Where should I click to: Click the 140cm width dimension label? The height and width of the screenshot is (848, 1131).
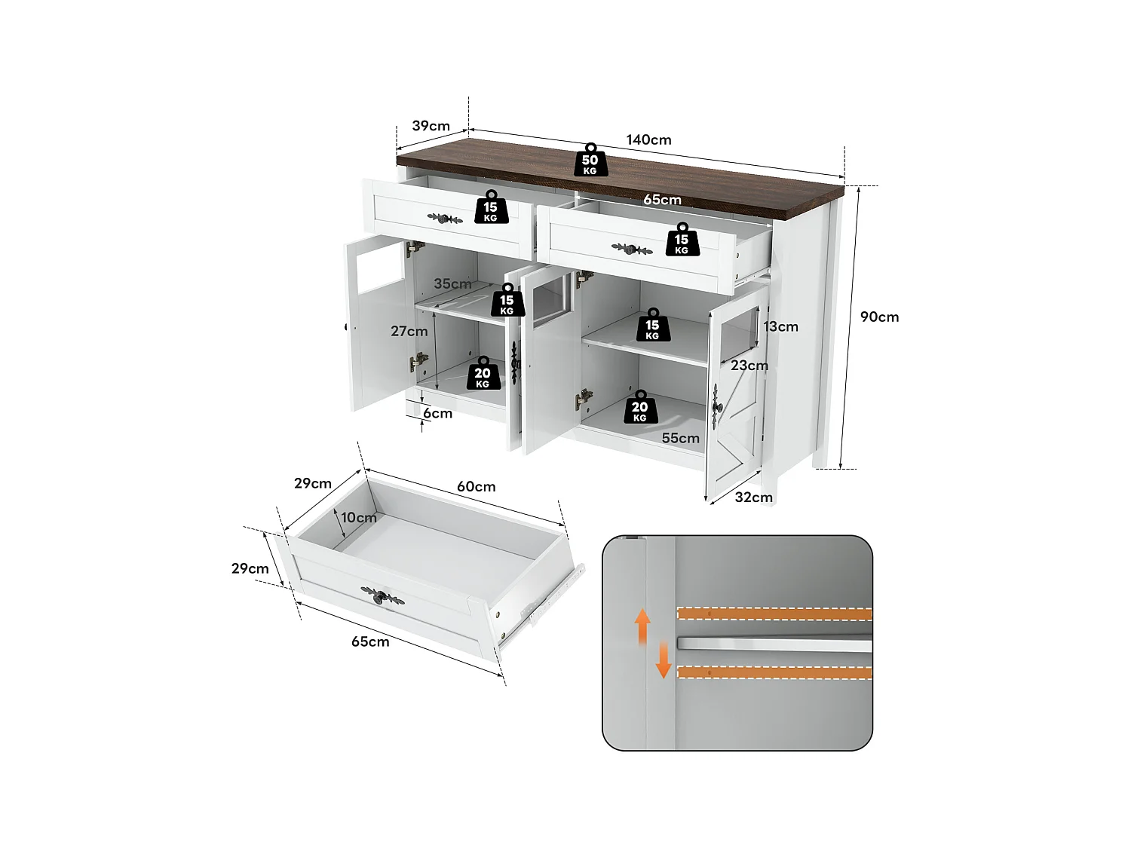coord(648,140)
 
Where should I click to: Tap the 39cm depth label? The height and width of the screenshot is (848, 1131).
coord(431,126)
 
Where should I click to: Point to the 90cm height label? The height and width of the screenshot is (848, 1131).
coord(879,317)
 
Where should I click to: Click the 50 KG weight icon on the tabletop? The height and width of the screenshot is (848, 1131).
coord(590,161)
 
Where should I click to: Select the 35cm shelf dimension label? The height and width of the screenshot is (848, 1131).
coord(452,284)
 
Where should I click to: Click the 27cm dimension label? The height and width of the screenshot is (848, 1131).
coord(409,332)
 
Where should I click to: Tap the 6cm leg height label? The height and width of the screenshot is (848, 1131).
coord(437,414)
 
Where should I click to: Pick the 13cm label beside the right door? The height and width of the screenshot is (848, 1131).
coord(780,327)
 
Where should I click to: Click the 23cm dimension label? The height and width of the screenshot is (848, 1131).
coord(749,366)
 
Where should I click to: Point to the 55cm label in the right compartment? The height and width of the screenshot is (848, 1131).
coord(680,439)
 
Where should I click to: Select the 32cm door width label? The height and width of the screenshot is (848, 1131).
coord(753,497)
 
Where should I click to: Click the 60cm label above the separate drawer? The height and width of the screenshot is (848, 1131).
coord(476,487)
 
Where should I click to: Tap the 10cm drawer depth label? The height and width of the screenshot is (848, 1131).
coord(358,518)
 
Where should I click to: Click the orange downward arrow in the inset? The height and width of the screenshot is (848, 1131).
coord(664,660)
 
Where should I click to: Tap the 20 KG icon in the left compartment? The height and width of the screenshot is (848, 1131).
coord(483,375)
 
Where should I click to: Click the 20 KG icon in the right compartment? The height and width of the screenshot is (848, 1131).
coord(640,408)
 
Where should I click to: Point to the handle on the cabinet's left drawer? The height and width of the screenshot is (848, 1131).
coord(445,219)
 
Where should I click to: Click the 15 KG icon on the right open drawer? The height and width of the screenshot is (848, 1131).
coord(682,240)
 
